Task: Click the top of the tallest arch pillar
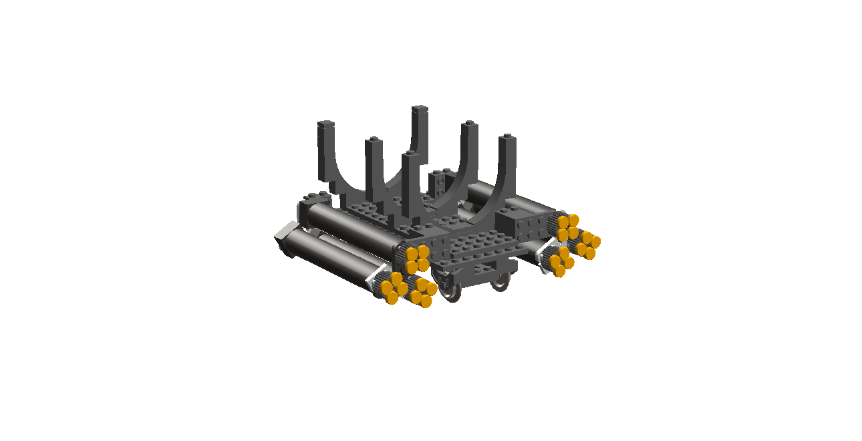pos(420,110)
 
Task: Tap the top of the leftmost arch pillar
pos(325,126)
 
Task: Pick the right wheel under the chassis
pos(500,283)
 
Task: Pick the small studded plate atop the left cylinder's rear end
pos(315,198)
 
